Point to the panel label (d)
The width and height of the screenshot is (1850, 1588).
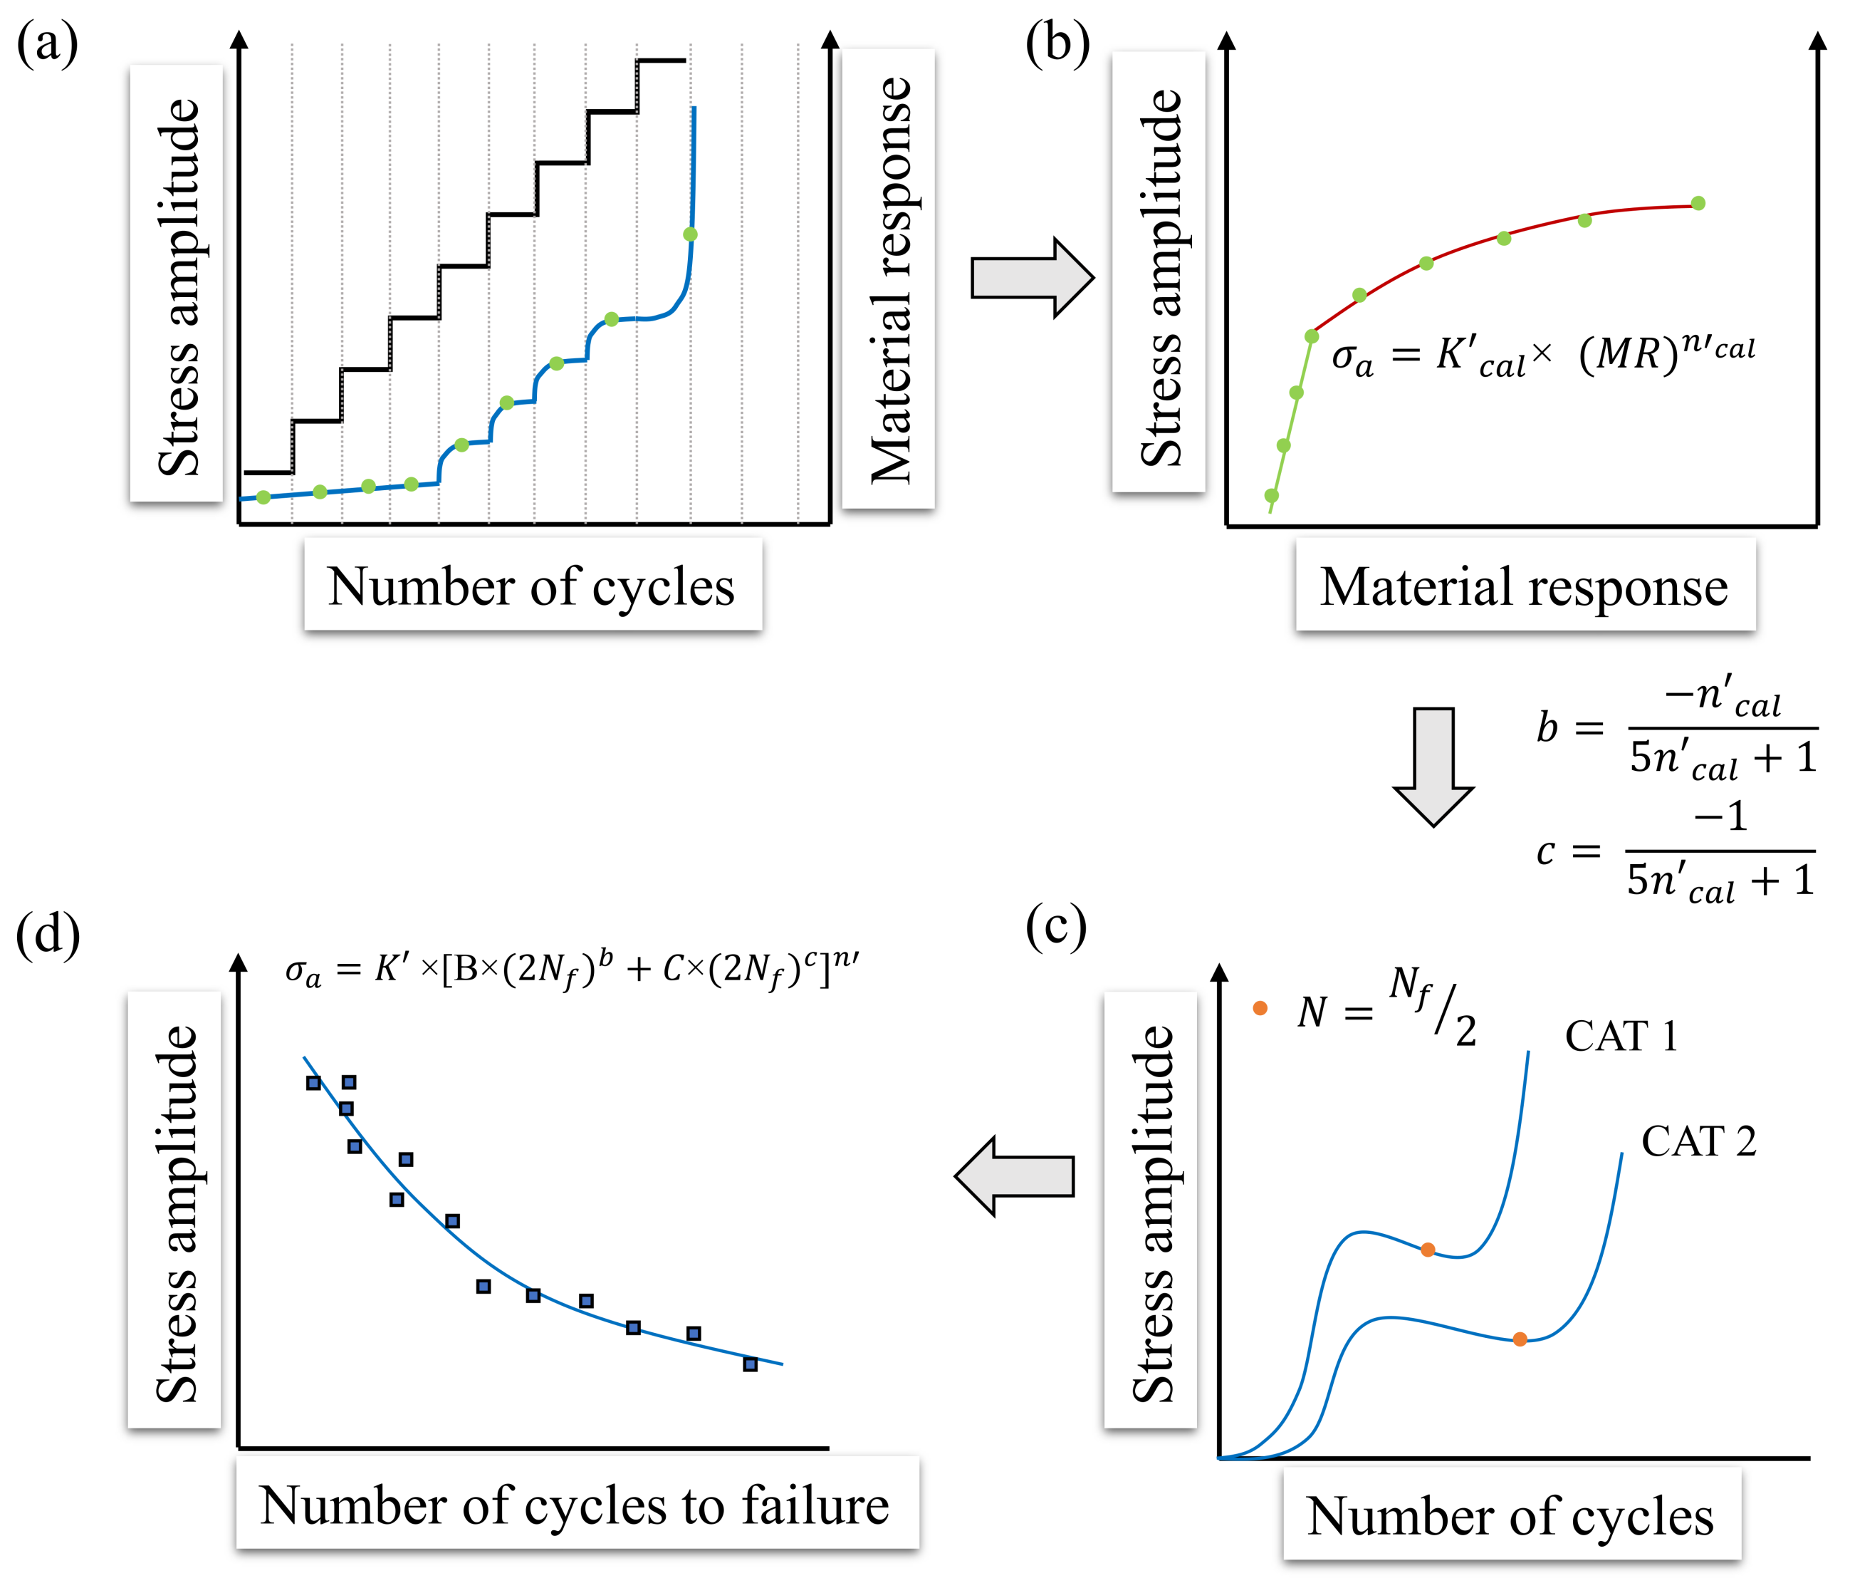(47, 934)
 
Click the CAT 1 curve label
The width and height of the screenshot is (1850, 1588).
(1621, 1037)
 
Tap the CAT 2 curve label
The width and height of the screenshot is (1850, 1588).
(1698, 1141)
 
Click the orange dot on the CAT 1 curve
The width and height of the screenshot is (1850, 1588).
(1428, 1250)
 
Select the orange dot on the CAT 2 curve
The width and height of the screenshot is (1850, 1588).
(1520, 1339)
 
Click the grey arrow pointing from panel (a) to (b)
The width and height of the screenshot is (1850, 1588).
(1031, 278)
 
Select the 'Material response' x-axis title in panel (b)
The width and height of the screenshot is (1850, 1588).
(1524, 587)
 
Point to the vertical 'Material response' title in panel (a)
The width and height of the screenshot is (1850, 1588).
(889, 279)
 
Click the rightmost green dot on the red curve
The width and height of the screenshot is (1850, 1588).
(1698, 204)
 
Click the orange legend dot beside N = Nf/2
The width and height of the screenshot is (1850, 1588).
(1260, 1008)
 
